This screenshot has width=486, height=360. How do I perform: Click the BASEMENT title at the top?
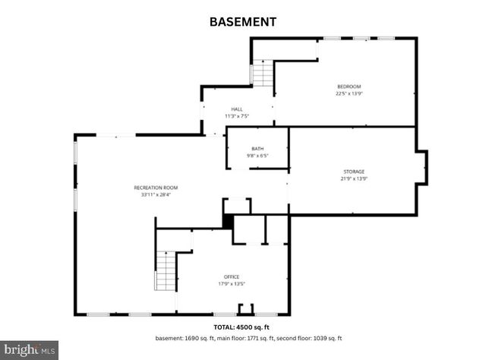click(x=242, y=22)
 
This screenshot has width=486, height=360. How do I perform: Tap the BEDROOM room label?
click(x=349, y=87)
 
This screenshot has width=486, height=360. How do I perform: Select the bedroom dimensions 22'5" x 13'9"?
click(x=349, y=94)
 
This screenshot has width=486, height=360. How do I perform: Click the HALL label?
click(x=238, y=109)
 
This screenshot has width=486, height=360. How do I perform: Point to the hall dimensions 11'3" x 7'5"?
click(x=238, y=116)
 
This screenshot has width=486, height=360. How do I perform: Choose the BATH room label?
click(x=257, y=149)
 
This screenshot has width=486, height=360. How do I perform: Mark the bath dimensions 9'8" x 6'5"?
click(x=257, y=156)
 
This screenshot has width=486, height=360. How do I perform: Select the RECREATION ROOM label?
click(x=156, y=187)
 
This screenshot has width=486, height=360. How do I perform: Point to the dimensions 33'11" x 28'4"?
click(x=156, y=194)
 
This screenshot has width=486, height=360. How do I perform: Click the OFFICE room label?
click(x=232, y=276)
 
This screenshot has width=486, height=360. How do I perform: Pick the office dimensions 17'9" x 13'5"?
click(x=232, y=284)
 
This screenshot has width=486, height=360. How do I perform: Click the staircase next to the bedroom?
click(x=263, y=74)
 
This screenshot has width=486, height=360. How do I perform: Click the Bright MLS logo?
click(x=30, y=350)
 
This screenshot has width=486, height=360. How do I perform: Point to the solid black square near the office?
click(x=227, y=220)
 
